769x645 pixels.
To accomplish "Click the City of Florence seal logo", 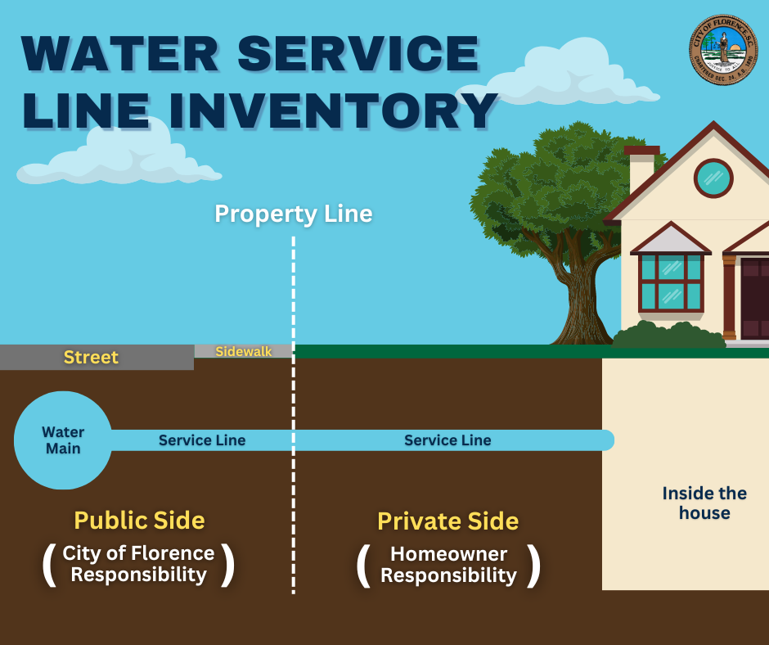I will pos(723,51).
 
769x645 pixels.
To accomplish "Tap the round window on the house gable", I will pos(713,178).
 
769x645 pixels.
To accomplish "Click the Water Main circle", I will pos(63,440).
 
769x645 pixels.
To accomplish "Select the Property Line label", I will pos(293,214).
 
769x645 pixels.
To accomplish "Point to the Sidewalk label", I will pos(243,351).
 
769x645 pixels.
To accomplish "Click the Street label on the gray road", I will pos(91,358).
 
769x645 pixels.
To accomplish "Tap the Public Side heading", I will pos(139,520).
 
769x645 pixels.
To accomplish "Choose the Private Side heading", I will pos(447,521).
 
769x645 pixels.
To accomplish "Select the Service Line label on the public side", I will pos(202,440).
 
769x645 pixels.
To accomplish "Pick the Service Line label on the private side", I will pos(447,440).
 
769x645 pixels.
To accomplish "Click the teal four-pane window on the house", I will pos(670,282).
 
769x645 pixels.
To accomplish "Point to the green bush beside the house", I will pos(667,336).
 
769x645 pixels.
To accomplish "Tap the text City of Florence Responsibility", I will pos(138,564).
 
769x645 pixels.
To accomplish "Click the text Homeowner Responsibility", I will pos(448,565).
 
